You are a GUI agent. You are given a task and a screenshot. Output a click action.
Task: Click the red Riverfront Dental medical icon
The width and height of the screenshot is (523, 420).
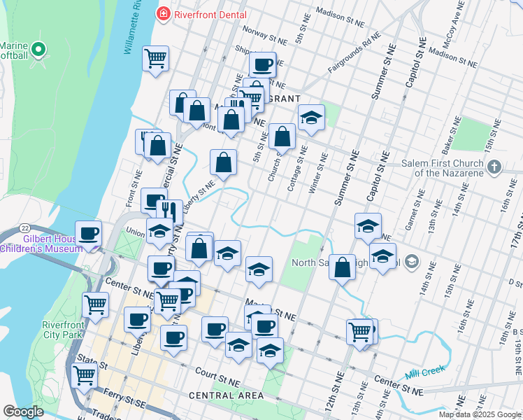164,13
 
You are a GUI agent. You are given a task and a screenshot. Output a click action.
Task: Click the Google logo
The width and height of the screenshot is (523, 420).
23,412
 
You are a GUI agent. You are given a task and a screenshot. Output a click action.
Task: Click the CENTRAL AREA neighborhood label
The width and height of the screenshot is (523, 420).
226,396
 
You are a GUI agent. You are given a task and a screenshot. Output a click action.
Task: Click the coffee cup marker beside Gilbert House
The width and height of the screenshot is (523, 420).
89,233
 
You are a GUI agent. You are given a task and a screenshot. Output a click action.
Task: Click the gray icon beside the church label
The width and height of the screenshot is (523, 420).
495,167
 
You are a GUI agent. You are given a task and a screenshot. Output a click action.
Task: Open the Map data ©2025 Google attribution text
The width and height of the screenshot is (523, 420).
480,414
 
